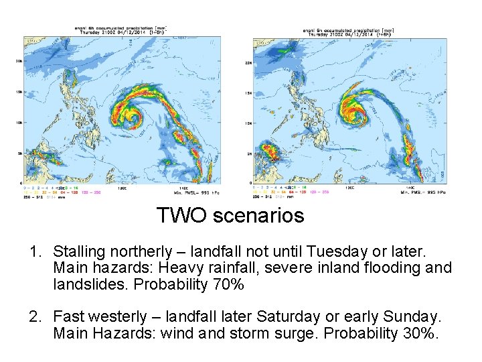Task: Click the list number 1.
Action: pyautogui.click(x=35, y=251)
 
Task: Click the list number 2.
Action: pyautogui.click(x=35, y=316)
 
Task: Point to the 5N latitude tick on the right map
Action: pyautogui.click(x=248, y=154)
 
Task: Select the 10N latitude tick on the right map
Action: pyautogui.click(x=248, y=123)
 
